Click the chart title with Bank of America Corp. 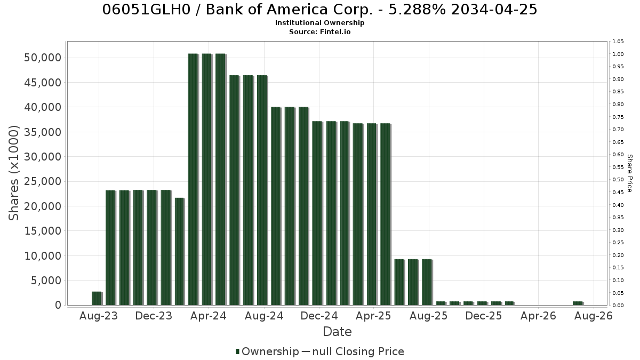click(319, 10)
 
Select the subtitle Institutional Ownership click(319, 23)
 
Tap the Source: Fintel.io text click(319, 31)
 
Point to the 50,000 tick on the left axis click(43, 58)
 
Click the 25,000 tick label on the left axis click(43, 181)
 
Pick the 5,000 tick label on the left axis click(46, 281)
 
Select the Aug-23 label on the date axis click(99, 316)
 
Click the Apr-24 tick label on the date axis click(209, 316)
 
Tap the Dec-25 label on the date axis click(483, 316)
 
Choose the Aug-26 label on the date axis click(594, 316)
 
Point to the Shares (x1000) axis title click(13, 173)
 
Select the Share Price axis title click(629, 173)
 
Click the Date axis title click(337, 332)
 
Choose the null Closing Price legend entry click(353, 351)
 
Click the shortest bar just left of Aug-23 click(97, 298)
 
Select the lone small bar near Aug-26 click(578, 303)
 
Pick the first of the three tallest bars click(193, 179)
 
